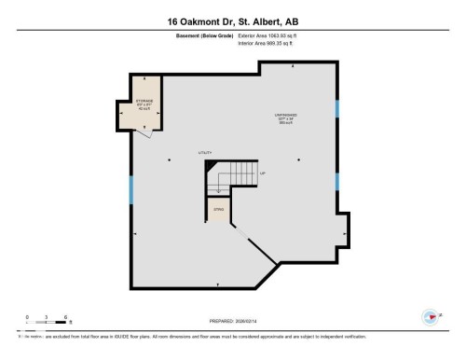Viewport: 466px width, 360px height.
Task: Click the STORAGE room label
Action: (x=144, y=102)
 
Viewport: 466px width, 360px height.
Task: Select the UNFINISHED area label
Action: (x=285, y=118)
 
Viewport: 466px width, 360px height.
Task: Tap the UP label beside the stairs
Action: (x=263, y=173)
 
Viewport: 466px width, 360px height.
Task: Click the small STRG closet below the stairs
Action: (x=218, y=210)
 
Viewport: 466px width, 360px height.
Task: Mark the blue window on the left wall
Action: (x=132, y=191)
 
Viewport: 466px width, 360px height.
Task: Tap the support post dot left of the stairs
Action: (x=169, y=159)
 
